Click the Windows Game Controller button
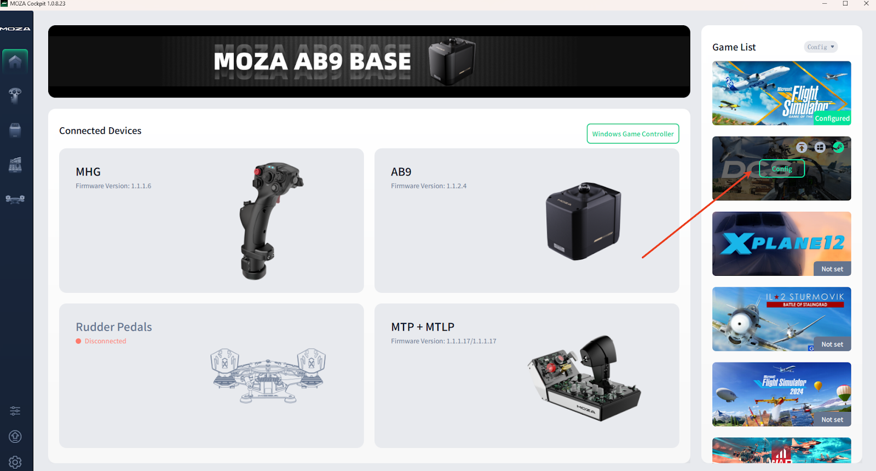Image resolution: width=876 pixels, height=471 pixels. [633, 134]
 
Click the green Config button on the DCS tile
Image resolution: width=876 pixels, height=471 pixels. [782, 169]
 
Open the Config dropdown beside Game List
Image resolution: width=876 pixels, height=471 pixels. [821, 47]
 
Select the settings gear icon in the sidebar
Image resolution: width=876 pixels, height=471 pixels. [15, 462]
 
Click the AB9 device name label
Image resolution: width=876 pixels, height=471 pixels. [401, 172]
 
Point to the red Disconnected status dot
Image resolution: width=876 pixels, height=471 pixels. [78, 341]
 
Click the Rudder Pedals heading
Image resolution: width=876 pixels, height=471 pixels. [114, 327]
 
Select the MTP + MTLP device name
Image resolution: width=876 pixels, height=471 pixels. [423, 327]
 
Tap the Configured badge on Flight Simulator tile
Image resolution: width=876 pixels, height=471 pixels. [832, 118]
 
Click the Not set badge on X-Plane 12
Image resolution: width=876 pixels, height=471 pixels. [832, 269]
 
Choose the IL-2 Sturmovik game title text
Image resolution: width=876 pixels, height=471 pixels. [805, 297]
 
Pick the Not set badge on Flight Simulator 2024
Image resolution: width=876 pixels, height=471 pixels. [832, 419]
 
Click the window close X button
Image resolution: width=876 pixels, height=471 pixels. [866, 4]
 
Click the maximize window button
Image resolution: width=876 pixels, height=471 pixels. [845, 4]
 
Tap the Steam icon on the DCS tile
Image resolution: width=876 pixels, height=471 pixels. [838, 147]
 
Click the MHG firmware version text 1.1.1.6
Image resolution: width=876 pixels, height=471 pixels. [113, 186]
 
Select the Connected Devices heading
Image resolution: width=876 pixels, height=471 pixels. [100, 130]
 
